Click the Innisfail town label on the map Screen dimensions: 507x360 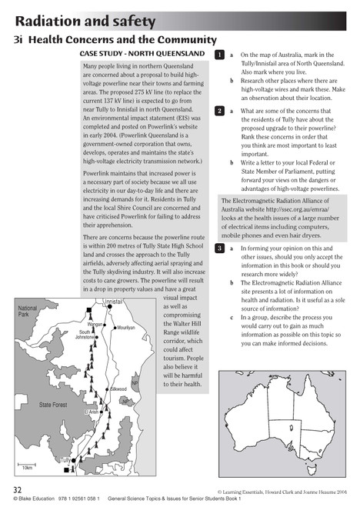113,302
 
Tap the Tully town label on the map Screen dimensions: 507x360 66,459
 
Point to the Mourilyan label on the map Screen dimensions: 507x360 125,327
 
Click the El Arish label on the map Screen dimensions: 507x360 91,412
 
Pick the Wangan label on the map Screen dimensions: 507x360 95,325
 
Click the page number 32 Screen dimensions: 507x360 17,489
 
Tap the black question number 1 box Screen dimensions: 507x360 219,55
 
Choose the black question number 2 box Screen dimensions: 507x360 219,112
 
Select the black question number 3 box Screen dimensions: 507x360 219,248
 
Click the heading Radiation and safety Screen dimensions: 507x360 85,20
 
